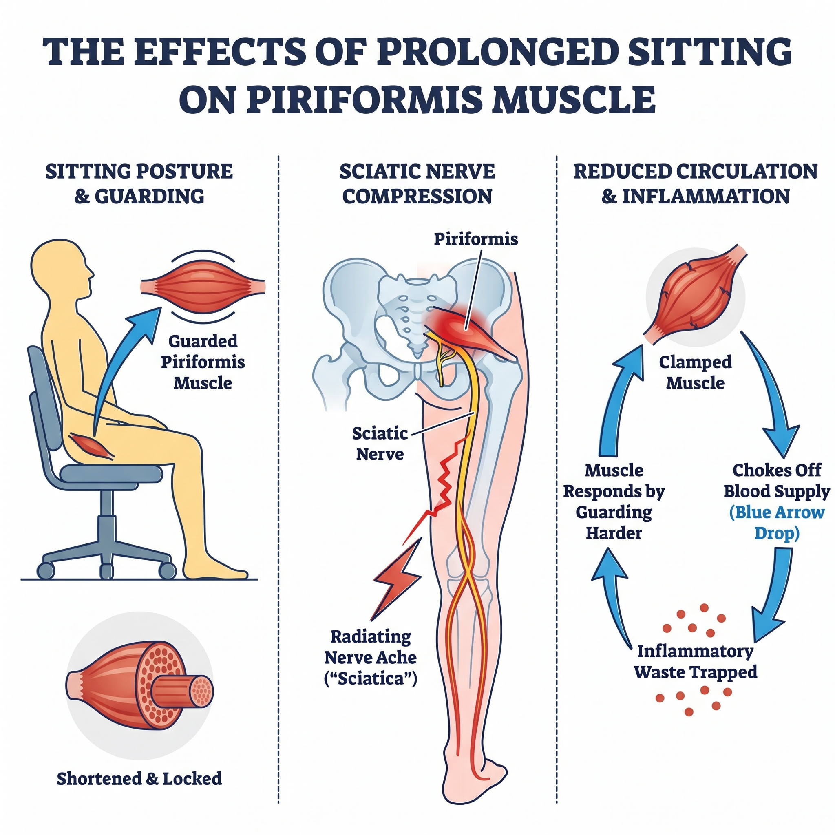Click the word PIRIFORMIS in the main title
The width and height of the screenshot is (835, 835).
(364, 99)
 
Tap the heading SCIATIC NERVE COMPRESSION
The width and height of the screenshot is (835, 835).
(417, 184)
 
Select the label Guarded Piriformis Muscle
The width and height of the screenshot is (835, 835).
(203, 362)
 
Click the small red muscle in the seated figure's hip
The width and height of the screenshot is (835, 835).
(93, 447)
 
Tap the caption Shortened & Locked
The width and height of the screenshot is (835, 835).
(139, 778)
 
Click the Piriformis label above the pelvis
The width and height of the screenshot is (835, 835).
(475, 239)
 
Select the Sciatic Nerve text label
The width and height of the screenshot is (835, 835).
(380, 444)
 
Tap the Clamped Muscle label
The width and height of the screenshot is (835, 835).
(695, 373)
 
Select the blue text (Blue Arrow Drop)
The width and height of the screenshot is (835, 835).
(777, 523)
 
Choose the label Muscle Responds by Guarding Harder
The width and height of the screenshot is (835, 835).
(614, 502)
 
